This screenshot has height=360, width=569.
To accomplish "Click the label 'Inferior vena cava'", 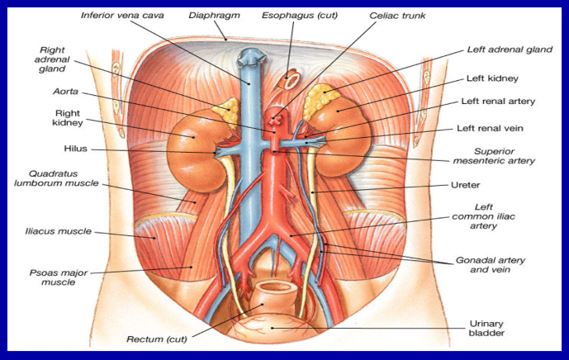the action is click(x=122, y=16).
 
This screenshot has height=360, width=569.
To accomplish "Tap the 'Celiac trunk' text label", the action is click(x=397, y=16).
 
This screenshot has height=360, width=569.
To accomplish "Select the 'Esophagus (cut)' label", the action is click(x=300, y=16).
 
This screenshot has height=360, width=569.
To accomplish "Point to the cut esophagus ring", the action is click(x=291, y=80).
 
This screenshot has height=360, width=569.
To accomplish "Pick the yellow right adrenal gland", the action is click(x=227, y=110).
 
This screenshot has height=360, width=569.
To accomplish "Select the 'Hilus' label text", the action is click(x=75, y=149).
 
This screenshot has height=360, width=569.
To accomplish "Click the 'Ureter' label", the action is click(x=465, y=185).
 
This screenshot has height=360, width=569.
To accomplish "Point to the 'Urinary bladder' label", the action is click(x=486, y=328).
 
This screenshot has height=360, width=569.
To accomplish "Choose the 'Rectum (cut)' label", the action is click(x=157, y=339).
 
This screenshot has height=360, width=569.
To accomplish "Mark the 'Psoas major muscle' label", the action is click(x=59, y=277).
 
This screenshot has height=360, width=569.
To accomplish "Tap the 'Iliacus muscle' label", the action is click(x=58, y=231).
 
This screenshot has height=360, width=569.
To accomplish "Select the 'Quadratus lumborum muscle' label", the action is click(x=56, y=178).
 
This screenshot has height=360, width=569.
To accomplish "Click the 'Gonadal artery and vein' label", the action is click(x=491, y=265).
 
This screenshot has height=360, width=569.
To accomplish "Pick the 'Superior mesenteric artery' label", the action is click(x=494, y=156).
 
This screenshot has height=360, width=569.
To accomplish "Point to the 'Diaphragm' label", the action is click(x=214, y=16).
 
